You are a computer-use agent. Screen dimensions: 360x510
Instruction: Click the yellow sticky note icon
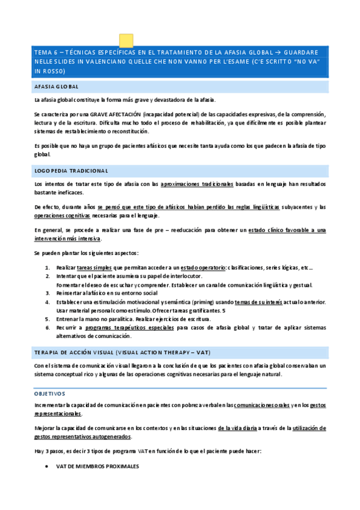126,40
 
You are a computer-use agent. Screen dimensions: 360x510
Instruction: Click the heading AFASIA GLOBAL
56,87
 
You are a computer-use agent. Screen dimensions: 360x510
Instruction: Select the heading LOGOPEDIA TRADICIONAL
71,171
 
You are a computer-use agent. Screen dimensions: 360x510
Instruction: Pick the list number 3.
47,293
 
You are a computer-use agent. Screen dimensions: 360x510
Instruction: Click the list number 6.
47,327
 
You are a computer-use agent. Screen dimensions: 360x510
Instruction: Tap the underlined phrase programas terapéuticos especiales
129,327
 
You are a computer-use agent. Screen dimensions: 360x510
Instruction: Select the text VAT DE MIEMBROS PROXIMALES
97,467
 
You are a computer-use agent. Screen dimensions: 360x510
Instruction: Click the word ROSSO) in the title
50,71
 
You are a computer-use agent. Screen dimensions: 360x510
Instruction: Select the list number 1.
47,268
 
